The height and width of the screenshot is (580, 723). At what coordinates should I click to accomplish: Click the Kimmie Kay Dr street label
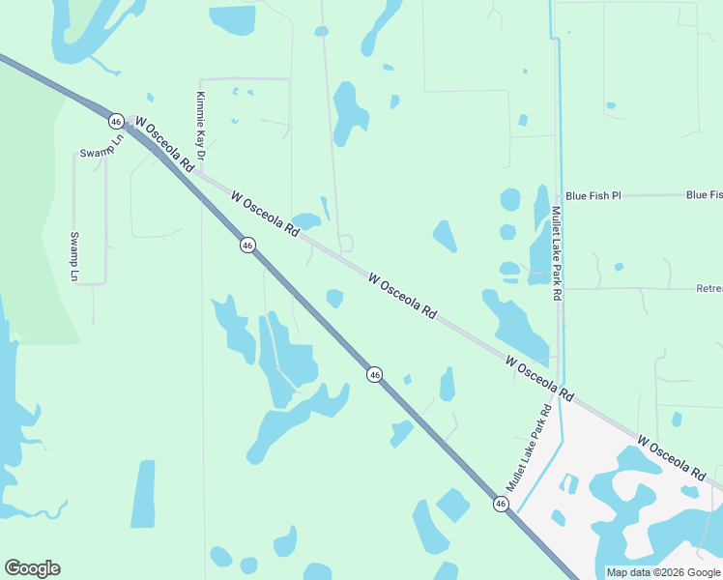click(x=201, y=126)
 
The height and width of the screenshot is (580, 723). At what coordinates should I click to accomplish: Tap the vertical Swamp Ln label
click(x=73, y=256)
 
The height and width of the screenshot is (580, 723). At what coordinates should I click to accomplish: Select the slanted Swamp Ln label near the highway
click(x=102, y=145)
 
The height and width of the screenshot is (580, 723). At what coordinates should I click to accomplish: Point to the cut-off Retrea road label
click(x=709, y=288)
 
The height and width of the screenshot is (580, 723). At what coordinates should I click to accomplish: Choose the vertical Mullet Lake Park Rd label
click(x=557, y=253)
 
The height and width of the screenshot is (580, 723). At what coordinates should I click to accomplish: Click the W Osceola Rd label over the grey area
click(x=670, y=457)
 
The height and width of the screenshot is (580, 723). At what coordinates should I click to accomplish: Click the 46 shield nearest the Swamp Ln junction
click(x=116, y=121)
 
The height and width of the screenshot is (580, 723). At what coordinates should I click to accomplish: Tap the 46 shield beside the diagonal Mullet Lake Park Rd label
click(x=500, y=504)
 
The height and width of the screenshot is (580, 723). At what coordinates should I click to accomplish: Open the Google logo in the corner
click(x=32, y=568)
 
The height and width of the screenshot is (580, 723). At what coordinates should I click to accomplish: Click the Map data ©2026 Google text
click(x=663, y=572)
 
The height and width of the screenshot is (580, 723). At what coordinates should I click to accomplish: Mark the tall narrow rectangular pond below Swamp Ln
click(x=143, y=494)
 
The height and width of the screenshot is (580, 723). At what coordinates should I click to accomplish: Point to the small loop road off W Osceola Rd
click(x=345, y=243)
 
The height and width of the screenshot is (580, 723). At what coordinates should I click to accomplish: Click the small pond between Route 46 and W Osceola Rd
click(x=334, y=298)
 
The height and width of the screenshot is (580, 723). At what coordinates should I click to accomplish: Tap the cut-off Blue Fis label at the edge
click(x=704, y=195)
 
